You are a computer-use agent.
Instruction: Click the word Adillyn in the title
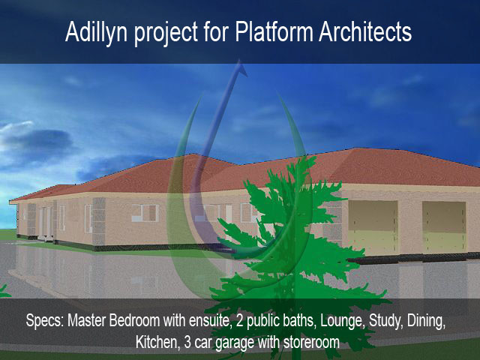[x=96, y=31]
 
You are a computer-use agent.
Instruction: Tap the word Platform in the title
[x=274, y=31]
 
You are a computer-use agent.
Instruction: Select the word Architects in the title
[x=365, y=31]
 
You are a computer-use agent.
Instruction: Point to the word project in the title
[x=166, y=34]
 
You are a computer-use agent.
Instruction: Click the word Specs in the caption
[x=45, y=321]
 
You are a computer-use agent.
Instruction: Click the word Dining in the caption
[x=427, y=321]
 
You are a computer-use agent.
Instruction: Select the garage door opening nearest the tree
[x=373, y=228]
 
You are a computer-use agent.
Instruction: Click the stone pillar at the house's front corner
[x=98, y=221]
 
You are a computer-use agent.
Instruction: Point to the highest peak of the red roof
[x=355, y=148]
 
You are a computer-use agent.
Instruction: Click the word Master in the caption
[x=87, y=320]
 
